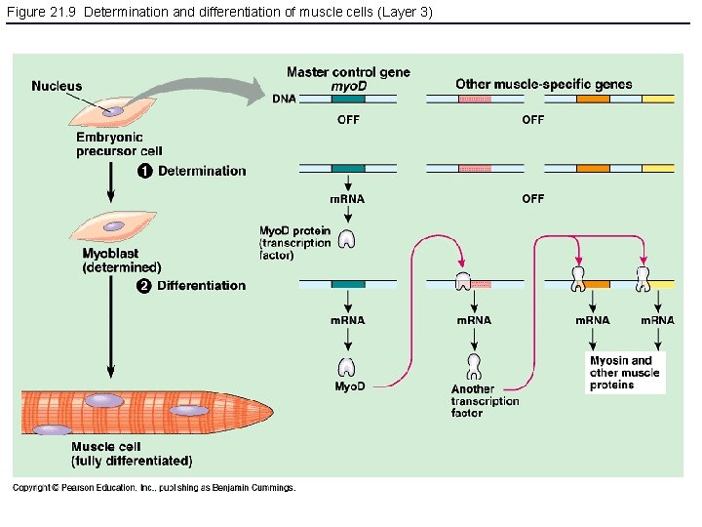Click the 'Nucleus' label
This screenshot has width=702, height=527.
click(57, 86)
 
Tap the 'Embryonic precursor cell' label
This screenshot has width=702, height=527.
click(119, 144)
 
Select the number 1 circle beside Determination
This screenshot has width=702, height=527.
click(142, 172)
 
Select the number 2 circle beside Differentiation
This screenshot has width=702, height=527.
click(142, 286)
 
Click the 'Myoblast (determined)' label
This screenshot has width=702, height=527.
click(122, 261)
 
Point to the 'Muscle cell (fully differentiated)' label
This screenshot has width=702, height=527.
click(131, 454)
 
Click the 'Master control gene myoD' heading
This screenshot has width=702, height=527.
click(348, 79)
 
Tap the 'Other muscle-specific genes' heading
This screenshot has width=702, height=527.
click(543, 84)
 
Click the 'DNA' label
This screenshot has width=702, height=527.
click(284, 99)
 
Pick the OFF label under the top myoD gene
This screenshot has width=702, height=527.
click(348, 120)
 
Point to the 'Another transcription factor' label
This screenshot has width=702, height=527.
click(485, 401)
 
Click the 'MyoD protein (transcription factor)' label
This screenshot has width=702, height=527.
click(295, 243)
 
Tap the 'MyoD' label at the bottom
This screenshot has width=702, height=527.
click(349, 386)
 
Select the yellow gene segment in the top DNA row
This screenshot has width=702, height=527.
click(658, 99)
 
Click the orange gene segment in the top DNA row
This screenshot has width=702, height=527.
click(592, 99)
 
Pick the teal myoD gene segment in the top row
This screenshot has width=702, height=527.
click(348, 99)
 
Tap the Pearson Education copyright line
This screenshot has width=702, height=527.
click(153, 488)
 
